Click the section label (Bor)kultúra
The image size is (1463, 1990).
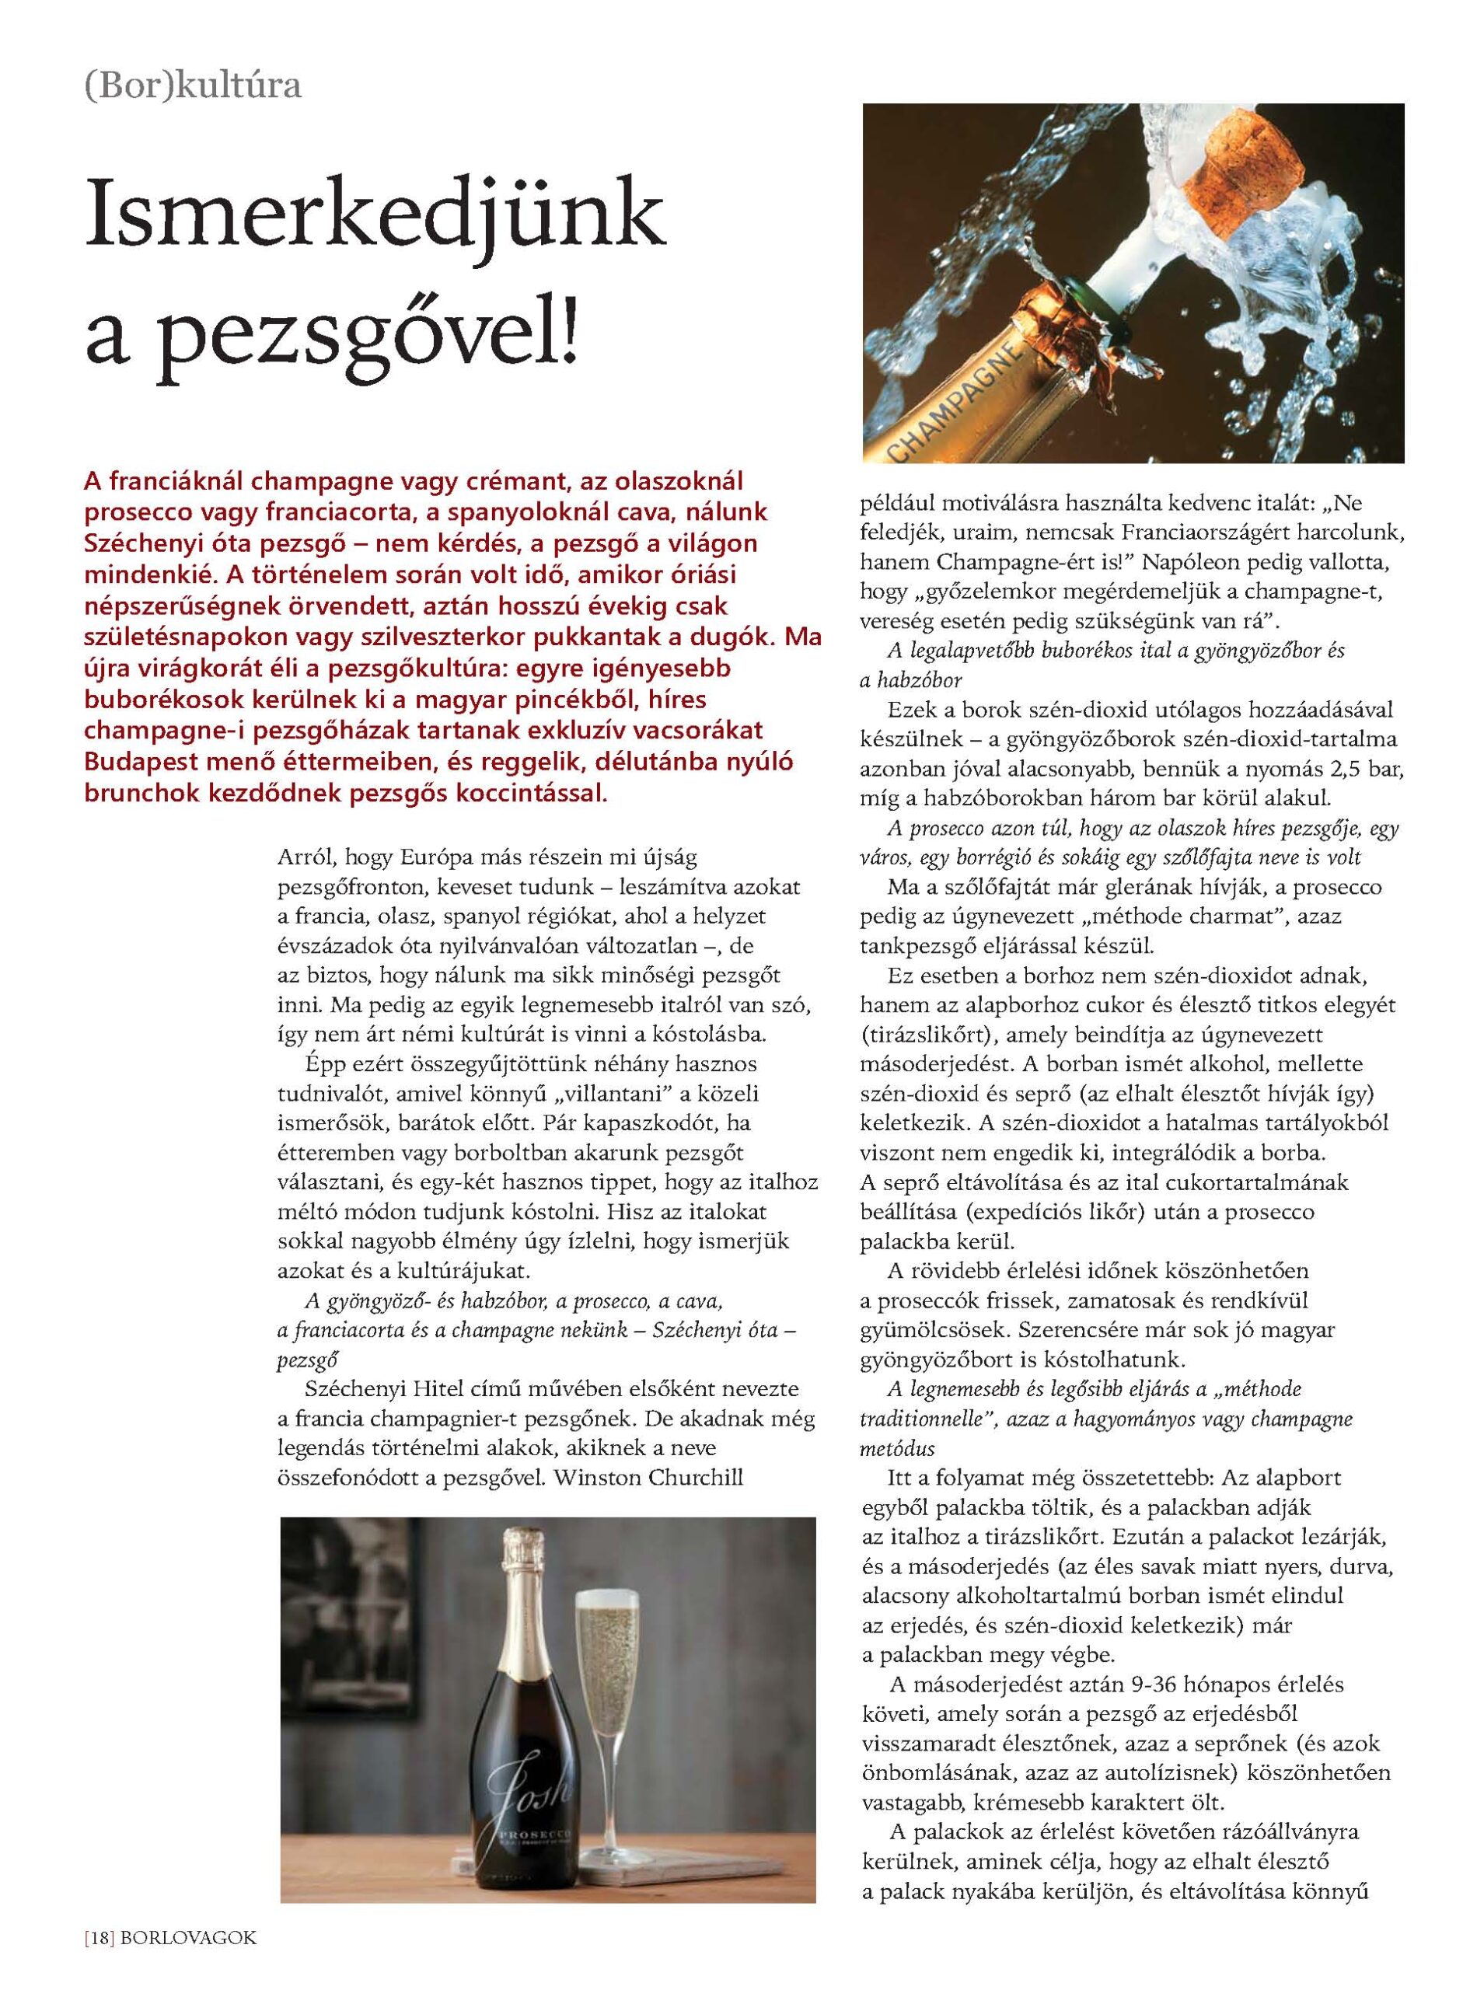(193, 87)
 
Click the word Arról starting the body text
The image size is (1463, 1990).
(306, 857)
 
